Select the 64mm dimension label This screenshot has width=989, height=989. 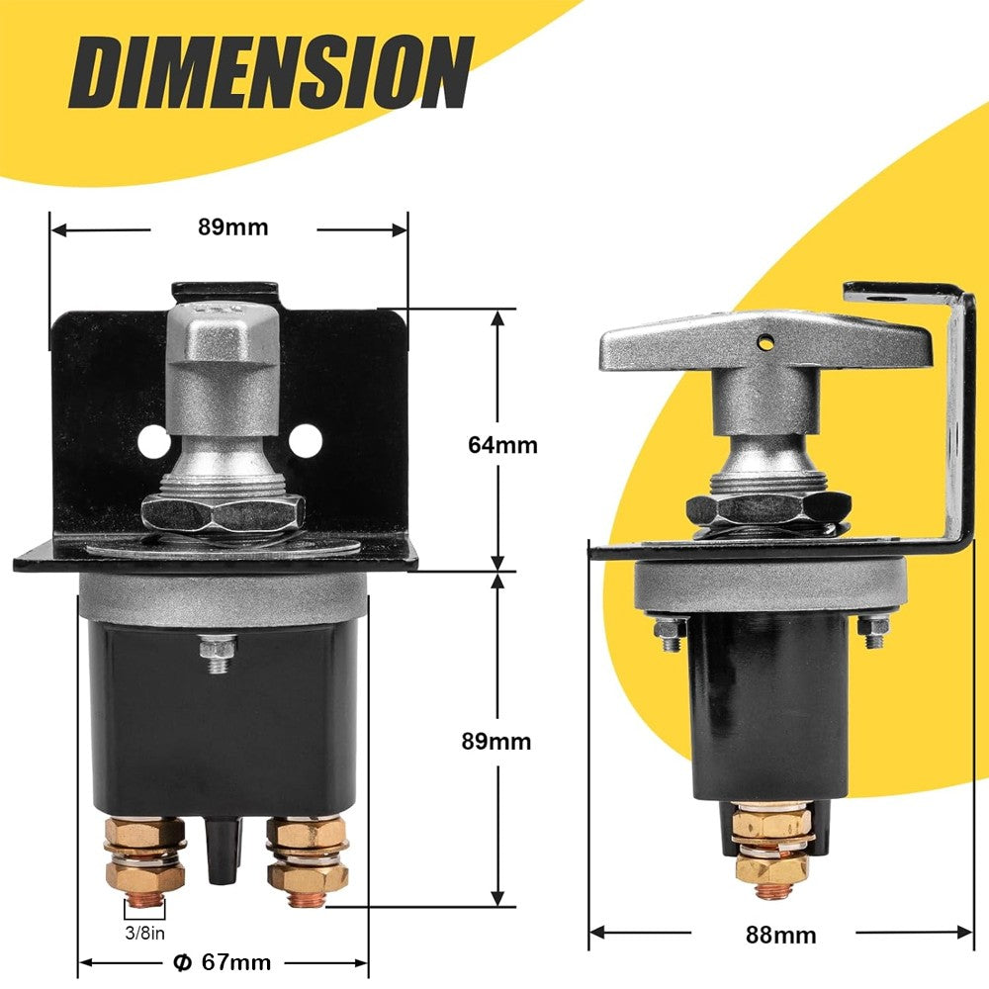click(x=502, y=445)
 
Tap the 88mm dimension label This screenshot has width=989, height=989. click(x=780, y=935)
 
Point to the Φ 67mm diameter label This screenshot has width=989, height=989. click(x=222, y=962)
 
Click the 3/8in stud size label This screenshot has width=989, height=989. click(x=145, y=933)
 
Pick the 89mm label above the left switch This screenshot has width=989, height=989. click(x=232, y=227)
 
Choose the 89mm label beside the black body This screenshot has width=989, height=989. click(x=495, y=741)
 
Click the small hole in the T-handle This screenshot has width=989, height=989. click(x=766, y=342)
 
